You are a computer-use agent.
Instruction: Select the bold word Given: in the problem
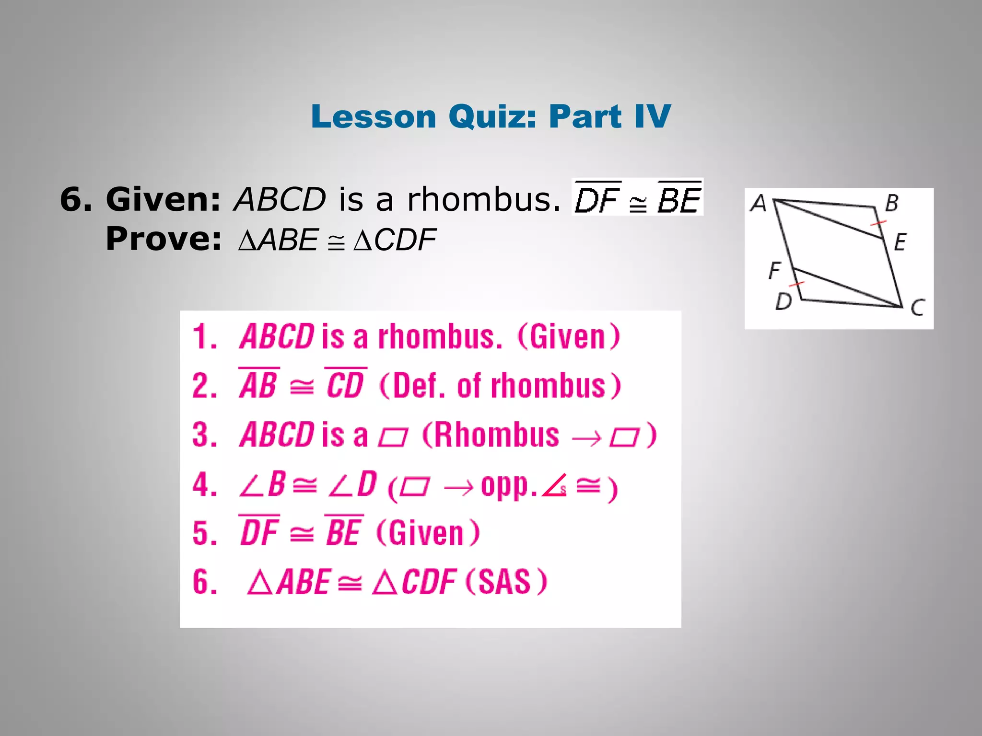(163, 199)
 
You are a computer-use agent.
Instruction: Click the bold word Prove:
(164, 239)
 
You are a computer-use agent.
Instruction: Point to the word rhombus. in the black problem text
(483, 199)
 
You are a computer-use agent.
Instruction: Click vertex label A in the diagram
(759, 204)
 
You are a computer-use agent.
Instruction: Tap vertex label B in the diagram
(891, 203)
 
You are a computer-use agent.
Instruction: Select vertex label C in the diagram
(917, 307)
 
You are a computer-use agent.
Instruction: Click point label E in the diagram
(900, 242)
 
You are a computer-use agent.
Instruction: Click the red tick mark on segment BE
(878, 223)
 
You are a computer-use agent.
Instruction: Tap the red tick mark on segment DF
(797, 285)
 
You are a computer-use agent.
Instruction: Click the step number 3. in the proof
(205, 435)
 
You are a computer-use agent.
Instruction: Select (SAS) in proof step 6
(506, 582)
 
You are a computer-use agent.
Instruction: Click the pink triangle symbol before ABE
(260, 583)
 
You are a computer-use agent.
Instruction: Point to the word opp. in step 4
(508, 487)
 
